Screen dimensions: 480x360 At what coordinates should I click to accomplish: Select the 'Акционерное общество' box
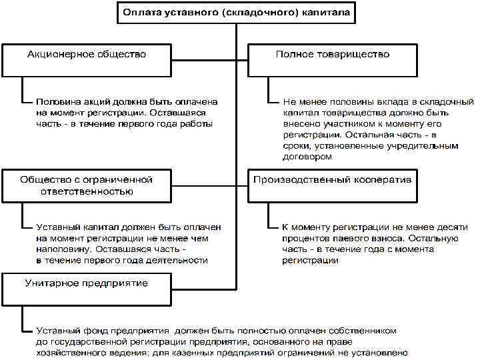tap(87, 60)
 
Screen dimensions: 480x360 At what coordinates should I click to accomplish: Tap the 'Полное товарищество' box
tap(332, 60)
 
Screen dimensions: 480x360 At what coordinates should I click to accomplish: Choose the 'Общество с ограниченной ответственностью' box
tap(87, 185)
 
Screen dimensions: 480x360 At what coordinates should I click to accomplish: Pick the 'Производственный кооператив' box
tap(332, 185)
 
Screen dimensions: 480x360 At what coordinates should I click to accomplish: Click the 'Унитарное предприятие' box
tap(87, 289)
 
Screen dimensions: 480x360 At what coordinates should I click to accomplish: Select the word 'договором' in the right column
tap(307, 157)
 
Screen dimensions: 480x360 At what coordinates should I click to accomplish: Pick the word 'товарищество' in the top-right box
tap(353, 54)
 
